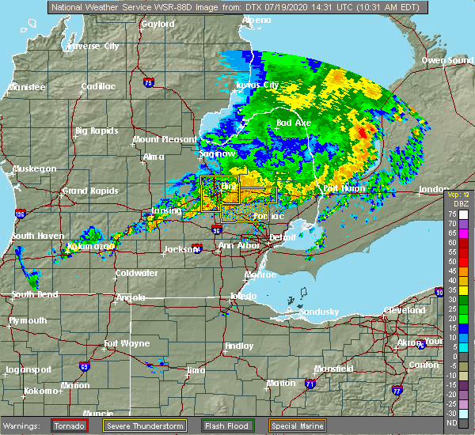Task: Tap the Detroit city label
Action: click(282, 237)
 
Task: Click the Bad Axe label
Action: click(293, 123)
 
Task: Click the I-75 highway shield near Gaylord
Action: click(149, 81)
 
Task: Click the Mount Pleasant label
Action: click(164, 139)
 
